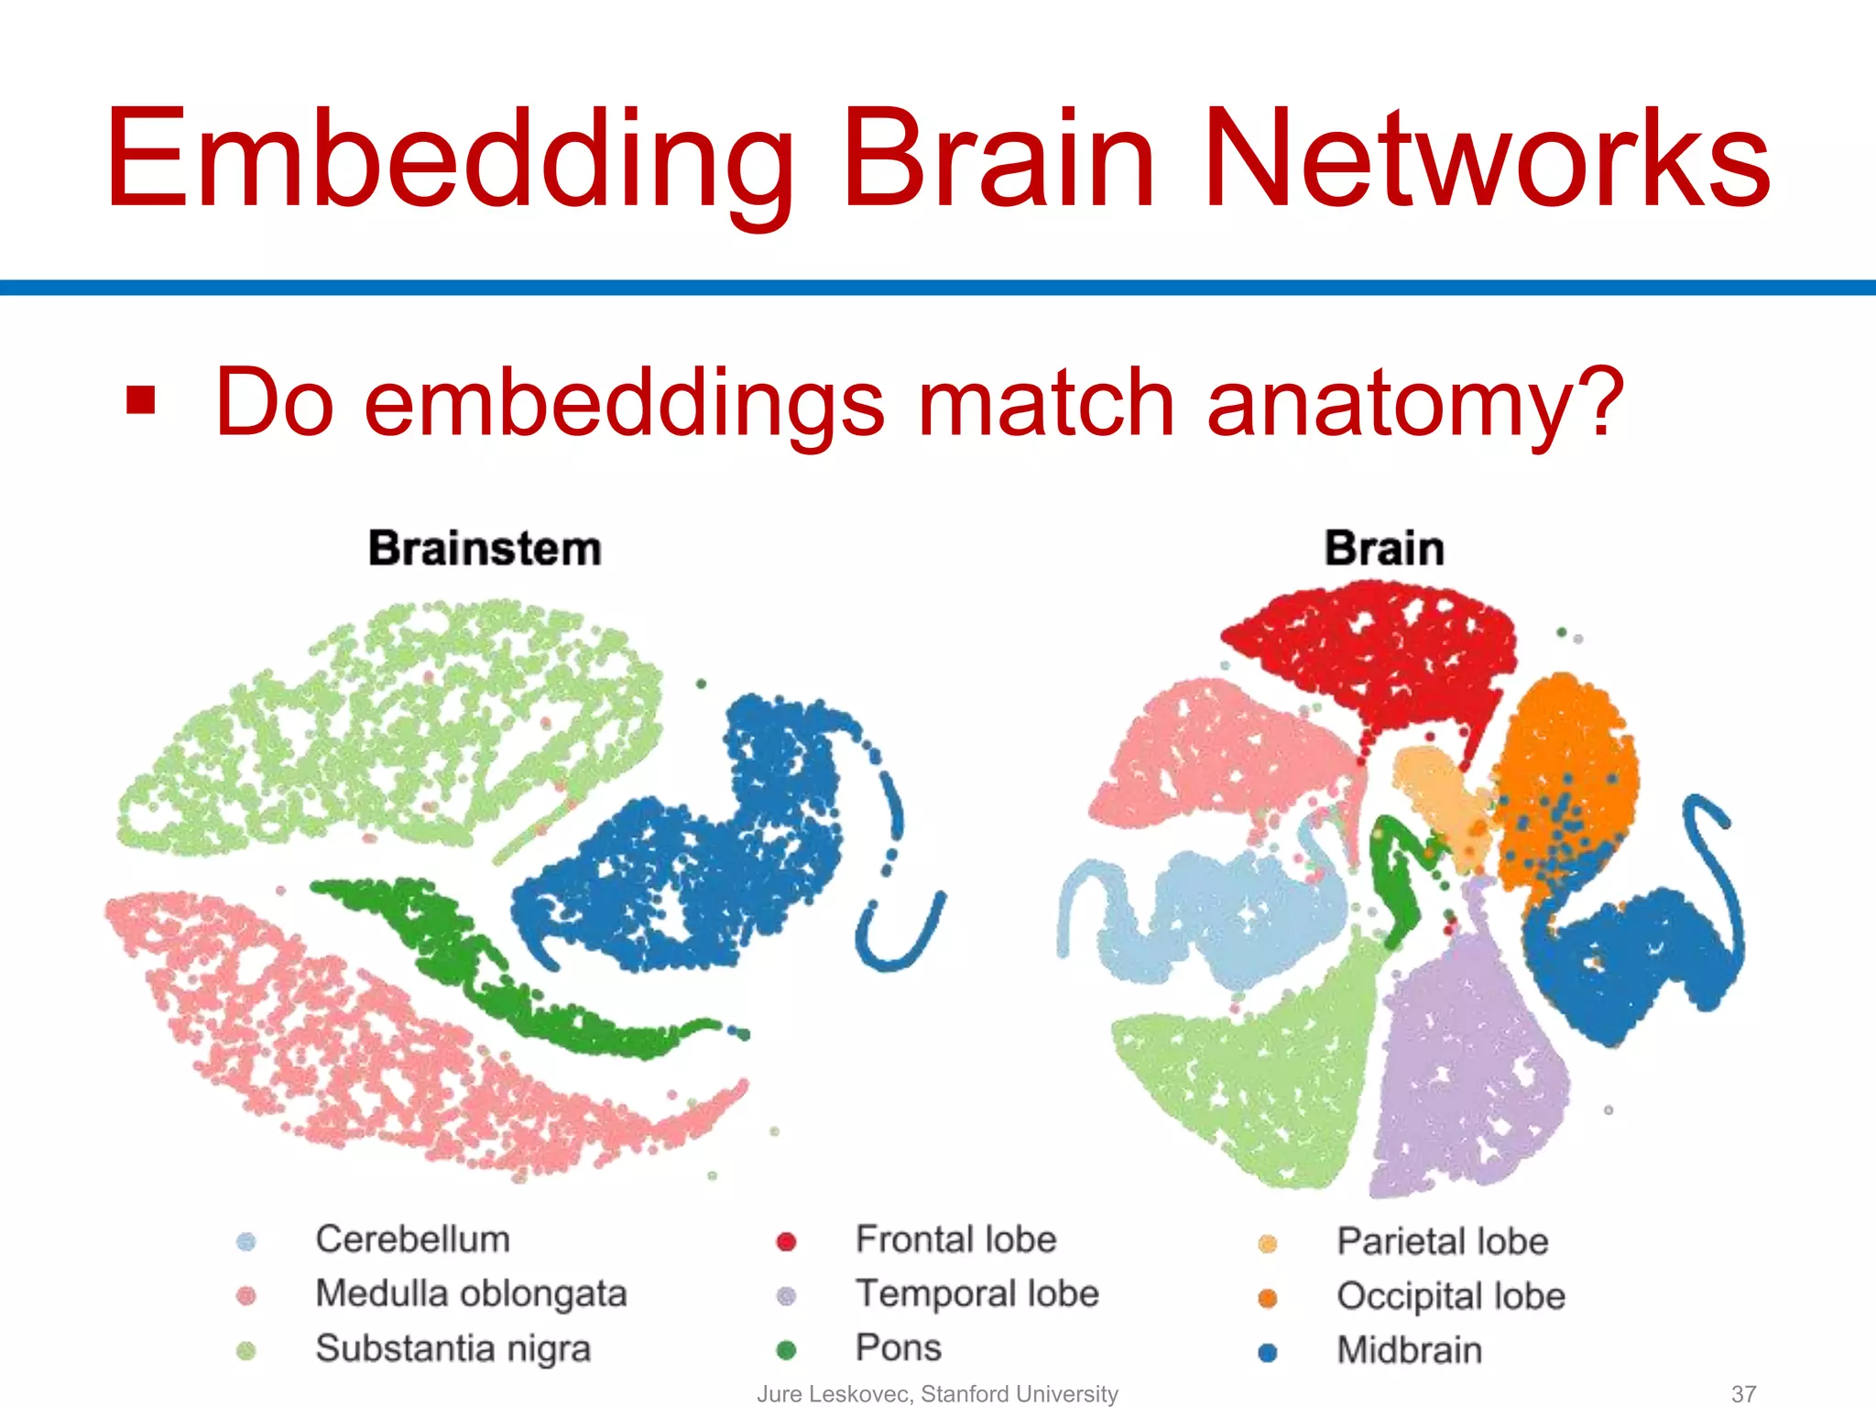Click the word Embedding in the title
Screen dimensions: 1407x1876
(449, 160)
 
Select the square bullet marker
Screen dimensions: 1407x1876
(141, 400)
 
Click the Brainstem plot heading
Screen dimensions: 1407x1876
(485, 549)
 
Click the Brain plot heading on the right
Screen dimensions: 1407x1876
(1384, 549)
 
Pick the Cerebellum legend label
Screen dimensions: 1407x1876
(412, 1239)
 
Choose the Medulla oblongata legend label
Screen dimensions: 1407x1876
(471, 1294)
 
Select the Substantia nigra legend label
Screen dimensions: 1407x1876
(453, 1349)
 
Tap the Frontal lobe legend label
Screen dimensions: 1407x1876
(955, 1239)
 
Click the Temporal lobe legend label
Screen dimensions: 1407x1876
(976, 1294)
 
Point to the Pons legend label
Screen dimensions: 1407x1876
(898, 1348)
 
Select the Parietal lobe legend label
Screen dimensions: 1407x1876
(1442, 1242)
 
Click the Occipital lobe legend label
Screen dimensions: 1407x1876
(1450, 1297)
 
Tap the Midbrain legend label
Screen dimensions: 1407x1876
(1409, 1351)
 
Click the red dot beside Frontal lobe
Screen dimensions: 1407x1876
(786, 1242)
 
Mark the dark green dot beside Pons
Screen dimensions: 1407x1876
(786, 1350)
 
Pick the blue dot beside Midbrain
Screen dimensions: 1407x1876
(1268, 1353)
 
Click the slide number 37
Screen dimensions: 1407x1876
(1743, 1394)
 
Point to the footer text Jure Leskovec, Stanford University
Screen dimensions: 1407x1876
(937, 1394)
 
